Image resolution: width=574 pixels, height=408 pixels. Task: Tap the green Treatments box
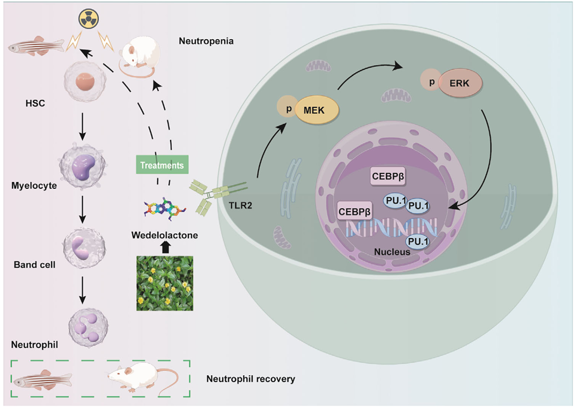pyautogui.click(x=162, y=165)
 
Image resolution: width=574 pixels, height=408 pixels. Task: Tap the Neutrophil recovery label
pyautogui.click(x=251, y=378)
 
